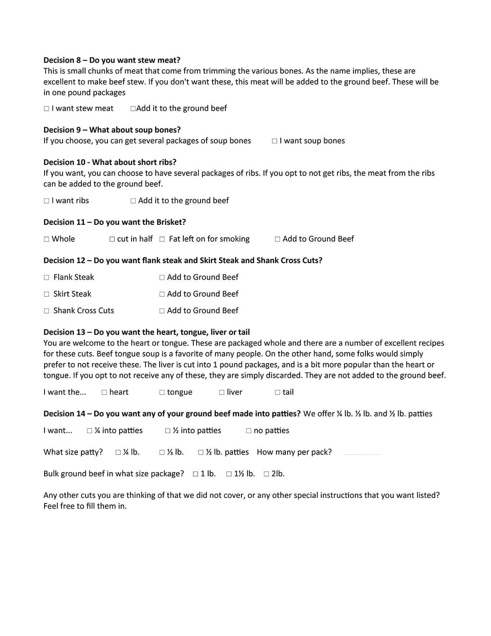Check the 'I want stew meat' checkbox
47,109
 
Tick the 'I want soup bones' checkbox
274,141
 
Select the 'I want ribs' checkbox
47,201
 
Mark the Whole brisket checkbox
47,239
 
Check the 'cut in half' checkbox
112,239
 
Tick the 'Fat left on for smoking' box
162,239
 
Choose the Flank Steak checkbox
47,277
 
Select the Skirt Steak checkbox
47,294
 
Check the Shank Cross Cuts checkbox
47,311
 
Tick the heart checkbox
104,393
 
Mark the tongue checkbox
162,393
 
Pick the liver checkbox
222,393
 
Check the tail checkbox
278,393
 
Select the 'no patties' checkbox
249,431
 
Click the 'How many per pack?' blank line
361,454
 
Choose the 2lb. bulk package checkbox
266,474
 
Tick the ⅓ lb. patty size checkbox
162,453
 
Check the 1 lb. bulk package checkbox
196,474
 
